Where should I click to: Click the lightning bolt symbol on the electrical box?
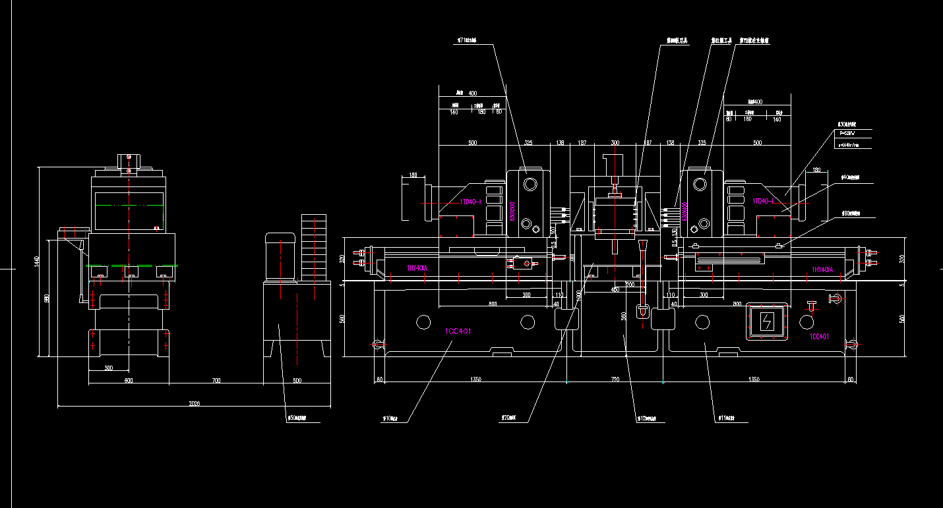coord(767,322)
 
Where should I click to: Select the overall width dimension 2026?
coord(195,403)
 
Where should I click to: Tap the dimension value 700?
coord(216,380)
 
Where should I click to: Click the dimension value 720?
coord(615,380)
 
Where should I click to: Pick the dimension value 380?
coord(108,368)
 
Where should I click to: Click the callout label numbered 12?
coord(647,418)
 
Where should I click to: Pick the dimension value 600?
coord(128,380)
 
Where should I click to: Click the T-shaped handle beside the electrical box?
coord(812,304)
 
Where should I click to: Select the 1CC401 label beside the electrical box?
coord(818,337)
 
